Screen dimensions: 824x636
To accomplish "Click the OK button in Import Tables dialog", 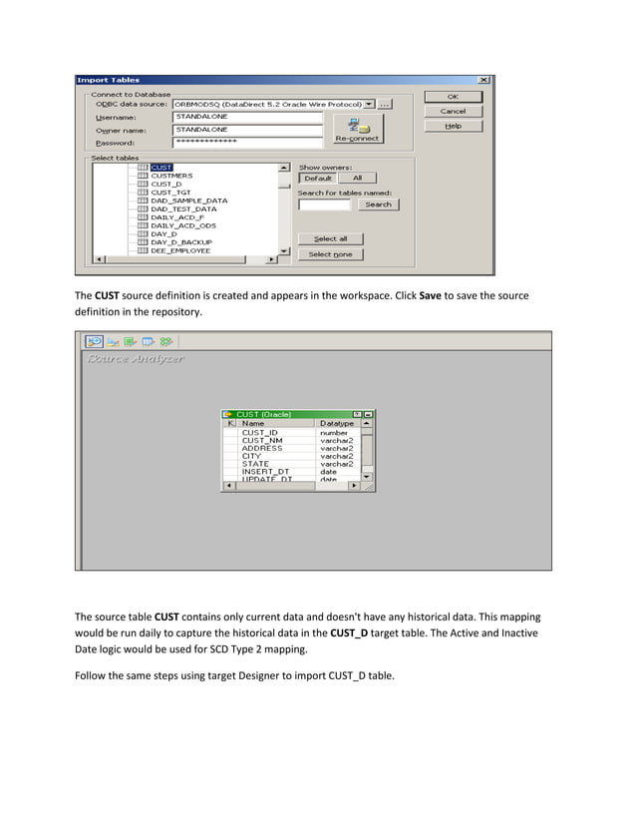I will pos(453,97).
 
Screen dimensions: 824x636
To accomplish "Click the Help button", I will pos(453,126).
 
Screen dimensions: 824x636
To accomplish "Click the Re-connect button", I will pos(357,129).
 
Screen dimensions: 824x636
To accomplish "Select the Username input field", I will pos(247,117).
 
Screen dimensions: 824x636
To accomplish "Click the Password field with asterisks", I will pos(247,142).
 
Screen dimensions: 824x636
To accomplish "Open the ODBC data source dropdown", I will pos(369,104).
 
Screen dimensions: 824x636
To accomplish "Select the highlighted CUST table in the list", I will pos(161,168).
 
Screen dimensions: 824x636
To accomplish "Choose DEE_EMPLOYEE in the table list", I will pos(179,250).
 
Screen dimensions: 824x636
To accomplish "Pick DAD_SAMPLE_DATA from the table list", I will pos(188,201).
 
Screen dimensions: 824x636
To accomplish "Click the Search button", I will pos(378,205).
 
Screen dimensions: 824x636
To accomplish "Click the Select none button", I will pos(330,254).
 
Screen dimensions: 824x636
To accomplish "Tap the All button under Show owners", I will pos(357,179).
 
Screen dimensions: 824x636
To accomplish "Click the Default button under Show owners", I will pos(317,179).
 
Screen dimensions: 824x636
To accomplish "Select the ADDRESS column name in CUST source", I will pos(261,449).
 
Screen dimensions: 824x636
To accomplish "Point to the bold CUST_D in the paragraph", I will pos(345,633).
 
